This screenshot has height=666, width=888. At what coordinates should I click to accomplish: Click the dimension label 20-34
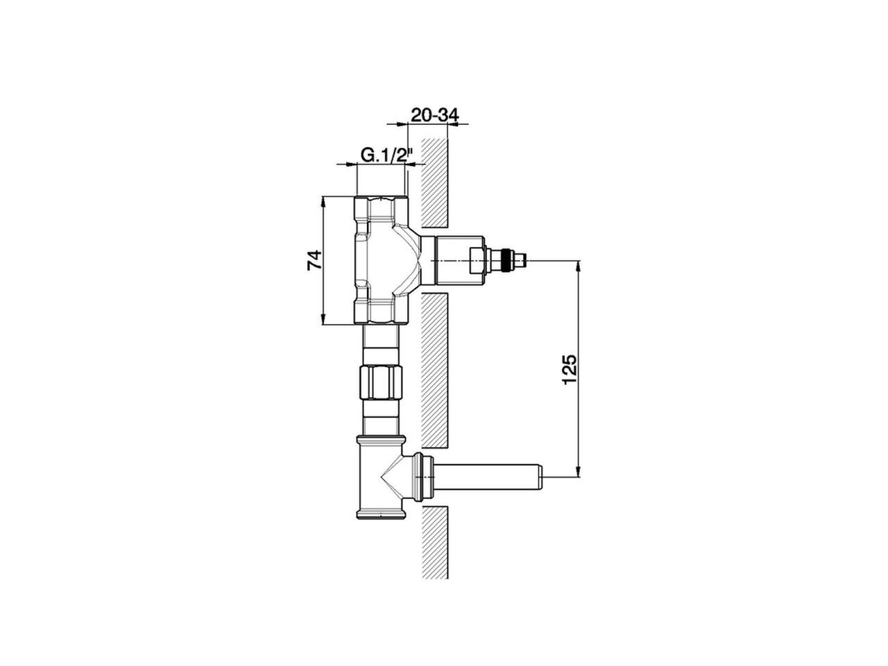coord(435,116)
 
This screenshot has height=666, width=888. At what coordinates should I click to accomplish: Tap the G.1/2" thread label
coord(386,155)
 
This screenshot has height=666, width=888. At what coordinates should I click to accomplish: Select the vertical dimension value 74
coord(315,260)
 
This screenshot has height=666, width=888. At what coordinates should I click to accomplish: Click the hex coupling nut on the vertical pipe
coord(382,382)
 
